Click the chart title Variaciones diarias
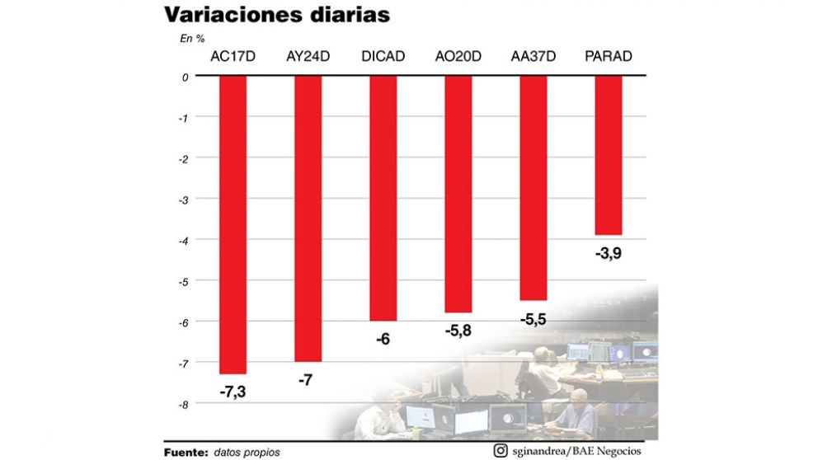tap(276, 16)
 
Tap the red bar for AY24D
tap(308, 218)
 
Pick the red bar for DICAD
tap(383, 198)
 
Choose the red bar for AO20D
tap(458, 194)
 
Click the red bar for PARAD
tap(609, 155)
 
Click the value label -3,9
tap(609, 253)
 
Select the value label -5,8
tap(458, 331)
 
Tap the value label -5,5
tap(534, 318)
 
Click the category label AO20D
tap(458, 57)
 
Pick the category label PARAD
tap(609, 57)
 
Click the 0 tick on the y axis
tap(186, 77)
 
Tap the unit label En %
tap(192, 38)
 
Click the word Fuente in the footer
tap(186, 452)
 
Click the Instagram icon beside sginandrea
tap(501, 450)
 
